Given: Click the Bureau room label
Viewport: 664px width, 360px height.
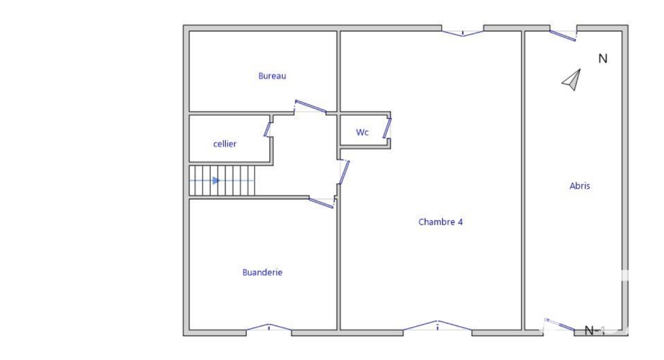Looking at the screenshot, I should (x=272, y=76).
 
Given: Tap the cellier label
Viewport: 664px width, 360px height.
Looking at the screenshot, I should (x=224, y=143).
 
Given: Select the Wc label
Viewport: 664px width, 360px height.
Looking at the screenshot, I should (x=362, y=132).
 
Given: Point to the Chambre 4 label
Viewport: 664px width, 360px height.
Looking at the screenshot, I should (x=440, y=222).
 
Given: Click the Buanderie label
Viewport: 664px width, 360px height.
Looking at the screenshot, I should (x=262, y=272).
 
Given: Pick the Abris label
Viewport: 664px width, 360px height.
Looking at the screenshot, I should (x=580, y=186).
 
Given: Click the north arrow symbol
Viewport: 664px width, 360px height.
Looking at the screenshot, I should (x=572, y=80).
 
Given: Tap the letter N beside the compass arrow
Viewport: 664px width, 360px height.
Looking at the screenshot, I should (x=603, y=58).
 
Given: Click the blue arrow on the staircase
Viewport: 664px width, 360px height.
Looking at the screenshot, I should (x=216, y=180).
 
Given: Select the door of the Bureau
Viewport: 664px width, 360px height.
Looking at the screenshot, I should (x=310, y=106).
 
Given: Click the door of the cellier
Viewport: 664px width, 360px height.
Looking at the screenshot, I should (x=268, y=126).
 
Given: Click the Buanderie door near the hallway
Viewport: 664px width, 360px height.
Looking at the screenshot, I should (x=321, y=202).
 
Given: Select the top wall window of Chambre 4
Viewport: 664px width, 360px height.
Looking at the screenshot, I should (x=463, y=31).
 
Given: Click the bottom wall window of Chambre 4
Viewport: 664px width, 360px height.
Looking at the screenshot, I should (x=438, y=325).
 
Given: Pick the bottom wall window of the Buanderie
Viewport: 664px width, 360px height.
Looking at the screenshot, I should (x=268, y=327).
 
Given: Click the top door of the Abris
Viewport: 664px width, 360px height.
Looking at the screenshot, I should (x=562, y=35).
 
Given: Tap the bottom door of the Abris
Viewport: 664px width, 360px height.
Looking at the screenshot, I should (x=560, y=325).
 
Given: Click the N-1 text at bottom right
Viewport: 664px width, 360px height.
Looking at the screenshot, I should (x=595, y=330).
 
